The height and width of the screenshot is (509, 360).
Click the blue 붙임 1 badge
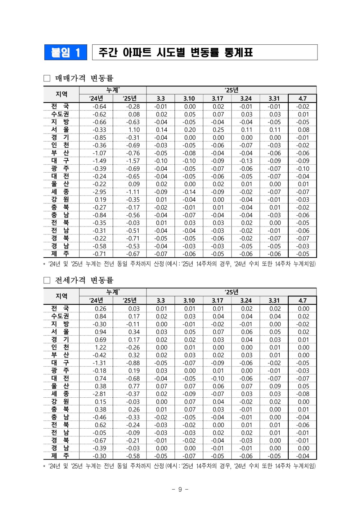point(66,53)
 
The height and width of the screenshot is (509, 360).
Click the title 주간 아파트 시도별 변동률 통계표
point(176,53)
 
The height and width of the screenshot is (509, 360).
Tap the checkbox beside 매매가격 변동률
point(47,78)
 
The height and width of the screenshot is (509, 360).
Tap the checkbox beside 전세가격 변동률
point(47,280)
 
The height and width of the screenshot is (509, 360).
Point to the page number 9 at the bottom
point(180,489)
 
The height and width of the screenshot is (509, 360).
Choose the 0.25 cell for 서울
point(218,130)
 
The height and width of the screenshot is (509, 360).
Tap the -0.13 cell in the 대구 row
point(246,161)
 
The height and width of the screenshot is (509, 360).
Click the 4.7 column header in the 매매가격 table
point(302,98)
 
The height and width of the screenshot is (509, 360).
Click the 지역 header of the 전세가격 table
point(62,296)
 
